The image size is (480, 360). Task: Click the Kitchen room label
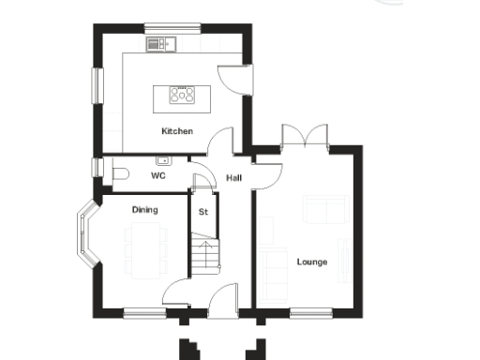pos(176,131)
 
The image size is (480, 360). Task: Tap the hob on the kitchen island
pos(181,94)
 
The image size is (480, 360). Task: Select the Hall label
pos(234,177)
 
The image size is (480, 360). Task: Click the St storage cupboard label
pos(202,211)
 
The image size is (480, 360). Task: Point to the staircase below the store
pos(204,253)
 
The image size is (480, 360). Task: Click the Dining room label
pos(144,210)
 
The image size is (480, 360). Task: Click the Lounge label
pos(312,262)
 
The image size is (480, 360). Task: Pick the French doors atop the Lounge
pos(305,136)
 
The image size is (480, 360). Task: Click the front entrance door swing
pos(222,299)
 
